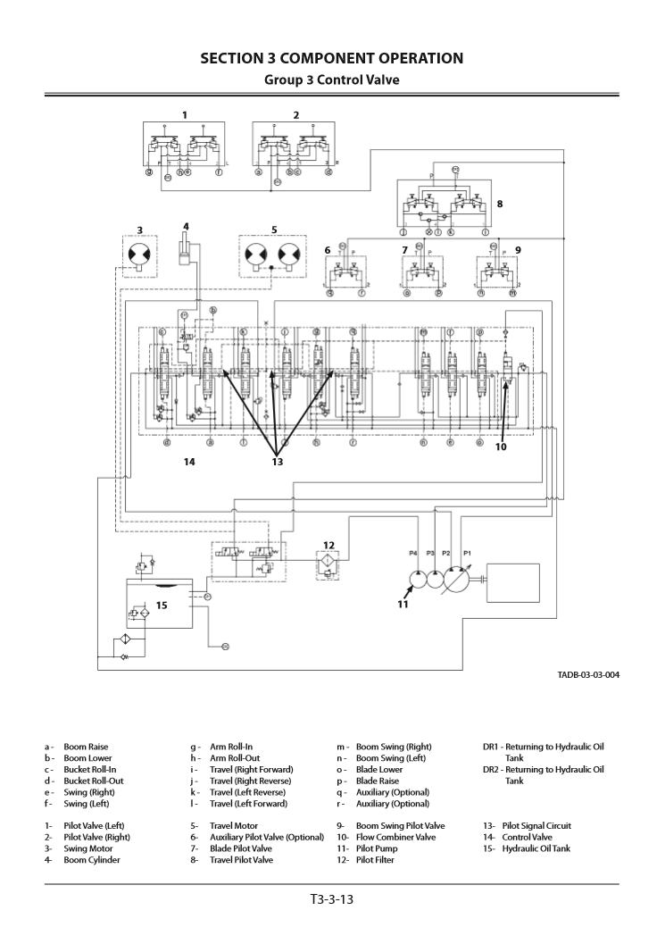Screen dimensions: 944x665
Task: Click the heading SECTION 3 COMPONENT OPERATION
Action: (x=331, y=59)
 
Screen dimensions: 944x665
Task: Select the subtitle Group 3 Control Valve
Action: (x=331, y=79)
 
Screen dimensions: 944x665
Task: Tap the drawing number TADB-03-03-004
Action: (x=582, y=674)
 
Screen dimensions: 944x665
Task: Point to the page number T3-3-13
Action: (x=332, y=898)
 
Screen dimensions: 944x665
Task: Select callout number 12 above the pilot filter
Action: (x=328, y=545)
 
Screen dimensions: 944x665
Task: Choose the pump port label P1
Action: (x=466, y=554)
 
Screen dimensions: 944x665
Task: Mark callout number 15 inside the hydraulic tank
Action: (x=162, y=605)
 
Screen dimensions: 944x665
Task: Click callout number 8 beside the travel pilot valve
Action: (x=500, y=204)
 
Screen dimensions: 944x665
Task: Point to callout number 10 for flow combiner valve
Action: (x=501, y=447)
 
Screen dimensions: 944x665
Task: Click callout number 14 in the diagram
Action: (x=189, y=462)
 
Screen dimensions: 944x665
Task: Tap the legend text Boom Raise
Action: (x=86, y=747)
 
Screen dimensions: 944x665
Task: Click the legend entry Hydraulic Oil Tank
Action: (x=536, y=848)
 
